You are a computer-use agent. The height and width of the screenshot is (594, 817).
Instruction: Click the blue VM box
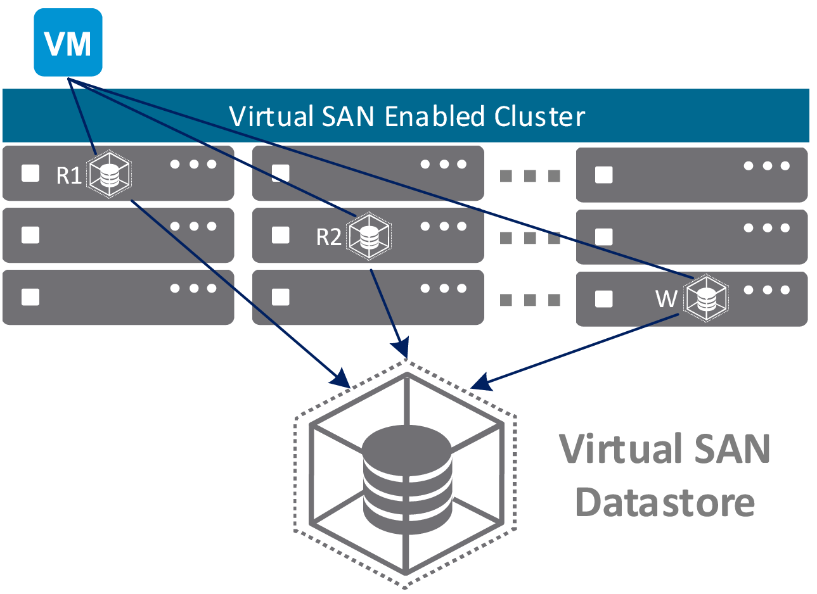coord(68,42)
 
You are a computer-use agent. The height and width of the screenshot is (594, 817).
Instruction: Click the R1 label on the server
coord(69,175)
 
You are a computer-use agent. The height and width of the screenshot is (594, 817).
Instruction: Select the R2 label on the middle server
coord(329,237)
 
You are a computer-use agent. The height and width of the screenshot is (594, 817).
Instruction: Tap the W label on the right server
coord(666,298)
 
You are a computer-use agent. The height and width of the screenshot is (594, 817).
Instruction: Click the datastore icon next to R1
coord(110,174)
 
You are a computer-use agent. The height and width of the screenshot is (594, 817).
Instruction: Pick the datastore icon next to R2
coord(369,237)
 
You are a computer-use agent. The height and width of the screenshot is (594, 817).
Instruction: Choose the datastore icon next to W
coord(705,298)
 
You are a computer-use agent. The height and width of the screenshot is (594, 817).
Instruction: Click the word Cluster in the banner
coord(539,117)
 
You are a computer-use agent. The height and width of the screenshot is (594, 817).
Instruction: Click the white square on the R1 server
coord(30,174)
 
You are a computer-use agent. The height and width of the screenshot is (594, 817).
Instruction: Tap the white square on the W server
coord(604,299)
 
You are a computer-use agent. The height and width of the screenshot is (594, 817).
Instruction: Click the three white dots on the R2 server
coord(444,227)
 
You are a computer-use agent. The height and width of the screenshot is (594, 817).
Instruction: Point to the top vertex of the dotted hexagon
coord(406,361)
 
